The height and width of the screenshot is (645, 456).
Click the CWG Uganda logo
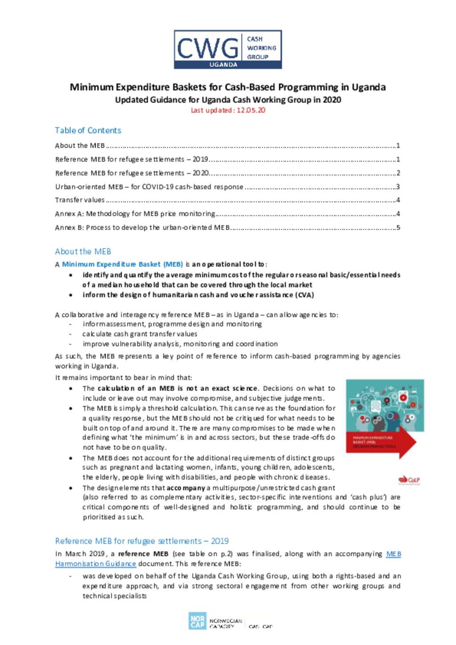click(228, 49)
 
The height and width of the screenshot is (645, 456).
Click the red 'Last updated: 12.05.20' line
click(228, 110)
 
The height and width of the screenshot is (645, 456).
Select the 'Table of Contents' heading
click(88, 130)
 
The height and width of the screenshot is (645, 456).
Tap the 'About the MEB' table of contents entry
click(80, 146)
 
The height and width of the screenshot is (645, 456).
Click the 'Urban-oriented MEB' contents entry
click(149, 187)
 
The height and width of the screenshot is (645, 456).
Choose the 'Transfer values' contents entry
click(80, 200)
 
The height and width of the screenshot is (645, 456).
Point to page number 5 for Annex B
click(398, 227)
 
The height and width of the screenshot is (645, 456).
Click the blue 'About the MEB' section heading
click(83, 252)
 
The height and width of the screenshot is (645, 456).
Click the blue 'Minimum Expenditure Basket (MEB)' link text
click(122, 264)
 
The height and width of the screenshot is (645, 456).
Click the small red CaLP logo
click(409, 480)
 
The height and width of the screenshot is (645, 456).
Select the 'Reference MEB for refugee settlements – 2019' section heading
click(142, 541)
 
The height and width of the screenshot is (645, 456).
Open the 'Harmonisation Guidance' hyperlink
click(96, 564)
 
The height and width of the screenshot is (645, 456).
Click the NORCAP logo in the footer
click(197, 621)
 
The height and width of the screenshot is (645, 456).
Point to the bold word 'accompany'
click(186, 488)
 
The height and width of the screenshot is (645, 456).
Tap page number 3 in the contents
click(398, 187)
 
